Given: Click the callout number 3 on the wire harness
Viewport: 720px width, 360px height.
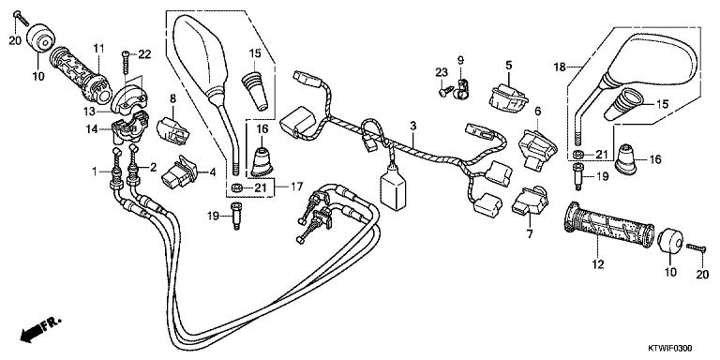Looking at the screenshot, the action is click(x=412, y=126).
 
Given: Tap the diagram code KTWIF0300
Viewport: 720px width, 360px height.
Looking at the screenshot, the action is click(x=670, y=349).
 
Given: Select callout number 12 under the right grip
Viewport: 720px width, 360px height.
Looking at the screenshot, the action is click(x=598, y=264).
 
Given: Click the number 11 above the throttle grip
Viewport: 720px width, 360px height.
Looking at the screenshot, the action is click(x=98, y=48).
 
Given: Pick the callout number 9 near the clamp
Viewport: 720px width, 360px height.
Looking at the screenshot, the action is click(x=460, y=60).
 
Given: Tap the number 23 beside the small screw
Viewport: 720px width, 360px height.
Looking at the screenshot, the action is click(x=442, y=72).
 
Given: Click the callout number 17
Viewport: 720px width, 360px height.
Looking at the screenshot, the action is click(x=296, y=187).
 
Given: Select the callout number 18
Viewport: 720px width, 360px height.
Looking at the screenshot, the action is click(x=560, y=67).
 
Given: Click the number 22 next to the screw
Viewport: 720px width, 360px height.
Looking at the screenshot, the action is click(x=144, y=54).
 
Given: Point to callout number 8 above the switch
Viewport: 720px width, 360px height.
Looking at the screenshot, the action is click(x=172, y=97).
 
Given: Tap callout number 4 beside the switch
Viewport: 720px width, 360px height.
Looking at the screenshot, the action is click(x=213, y=173).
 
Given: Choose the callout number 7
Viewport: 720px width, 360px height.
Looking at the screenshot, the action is click(x=530, y=234).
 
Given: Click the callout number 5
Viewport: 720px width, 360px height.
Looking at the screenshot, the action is click(x=508, y=66).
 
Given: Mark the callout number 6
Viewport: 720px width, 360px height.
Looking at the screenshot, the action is click(x=538, y=111).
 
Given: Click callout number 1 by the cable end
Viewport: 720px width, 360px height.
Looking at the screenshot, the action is click(x=95, y=172).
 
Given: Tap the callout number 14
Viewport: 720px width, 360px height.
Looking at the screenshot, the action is click(x=92, y=129).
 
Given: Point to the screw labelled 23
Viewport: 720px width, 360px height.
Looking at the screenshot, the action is click(x=442, y=92).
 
